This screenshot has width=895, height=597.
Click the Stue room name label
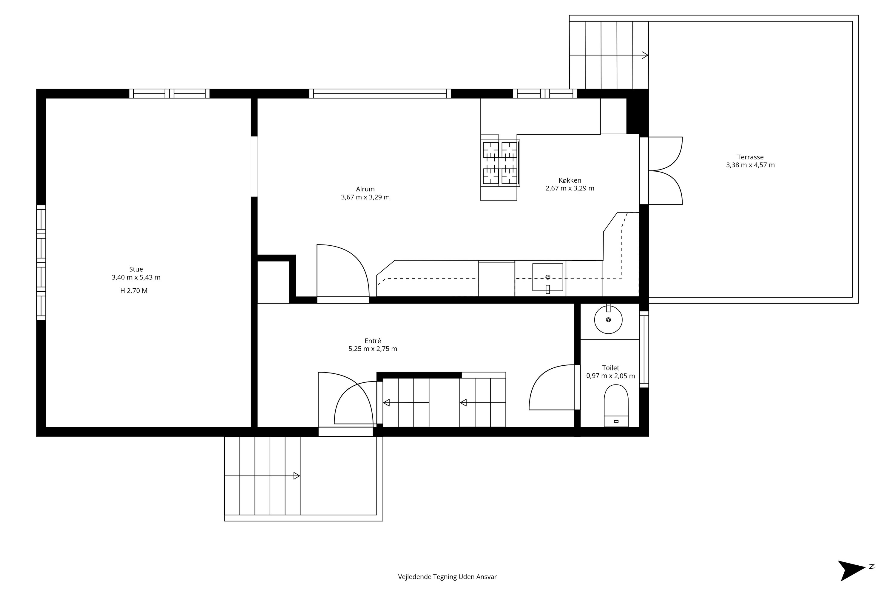136,269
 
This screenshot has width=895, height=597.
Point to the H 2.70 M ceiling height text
134,291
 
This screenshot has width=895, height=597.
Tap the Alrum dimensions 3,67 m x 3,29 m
365,197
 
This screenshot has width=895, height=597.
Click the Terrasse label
750,157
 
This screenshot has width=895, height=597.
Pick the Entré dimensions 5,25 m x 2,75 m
373,349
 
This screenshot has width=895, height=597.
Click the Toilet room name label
611,368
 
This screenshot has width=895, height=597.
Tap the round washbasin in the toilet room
609,320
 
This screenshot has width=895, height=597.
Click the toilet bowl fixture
616,405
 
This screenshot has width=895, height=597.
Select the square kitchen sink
547,278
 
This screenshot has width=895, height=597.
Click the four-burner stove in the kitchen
500,163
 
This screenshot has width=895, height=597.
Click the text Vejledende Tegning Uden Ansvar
447,576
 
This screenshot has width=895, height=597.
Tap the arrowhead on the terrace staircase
645,55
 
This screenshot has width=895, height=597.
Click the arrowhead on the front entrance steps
297,476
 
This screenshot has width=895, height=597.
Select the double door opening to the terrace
661,170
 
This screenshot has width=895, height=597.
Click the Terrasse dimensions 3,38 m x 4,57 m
750,165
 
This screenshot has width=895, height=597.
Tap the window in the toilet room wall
644,350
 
